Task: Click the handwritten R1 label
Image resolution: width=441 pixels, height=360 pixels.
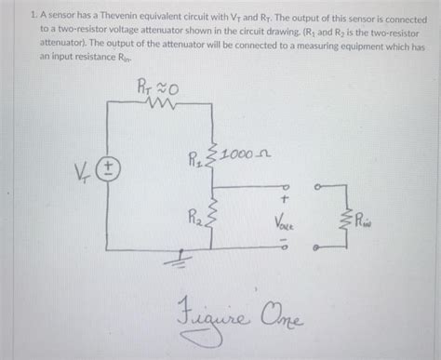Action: pos(196,155)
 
